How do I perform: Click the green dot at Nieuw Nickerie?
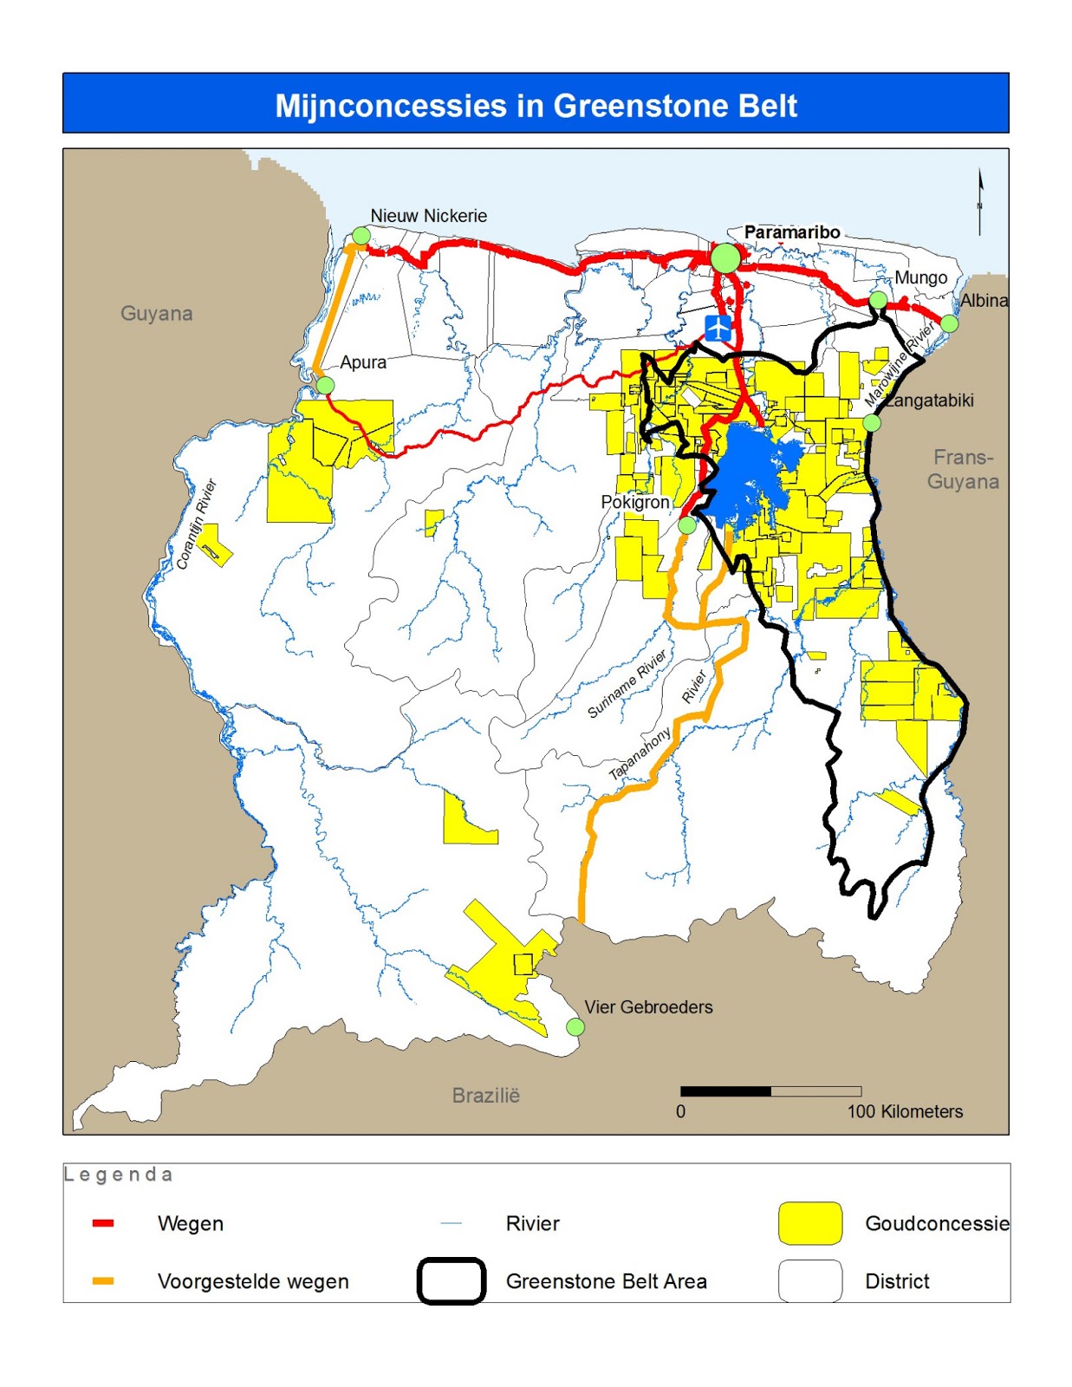(x=361, y=235)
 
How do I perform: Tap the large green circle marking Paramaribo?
(x=725, y=257)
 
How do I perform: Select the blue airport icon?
(x=718, y=329)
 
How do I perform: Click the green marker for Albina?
(x=949, y=323)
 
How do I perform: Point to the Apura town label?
(x=363, y=362)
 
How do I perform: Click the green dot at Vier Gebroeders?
(x=575, y=1026)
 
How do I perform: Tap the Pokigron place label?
(x=634, y=502)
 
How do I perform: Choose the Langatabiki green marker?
(x=872, y=423)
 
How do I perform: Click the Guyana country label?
(x=156, y=313)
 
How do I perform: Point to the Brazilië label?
(x=485, y=1095)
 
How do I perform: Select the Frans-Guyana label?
(x=963, y=469)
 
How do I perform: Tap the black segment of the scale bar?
(x=725, y=1091)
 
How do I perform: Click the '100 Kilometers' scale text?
(x=904, y=1111)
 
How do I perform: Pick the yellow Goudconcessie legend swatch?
(x=809, y=1223)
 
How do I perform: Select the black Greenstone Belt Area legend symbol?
(x=451, y=1280)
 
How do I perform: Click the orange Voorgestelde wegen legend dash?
(x=103, y=1280)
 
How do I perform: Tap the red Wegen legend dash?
(x=103, y=1223)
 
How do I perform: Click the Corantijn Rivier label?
(x=196, y=524)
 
